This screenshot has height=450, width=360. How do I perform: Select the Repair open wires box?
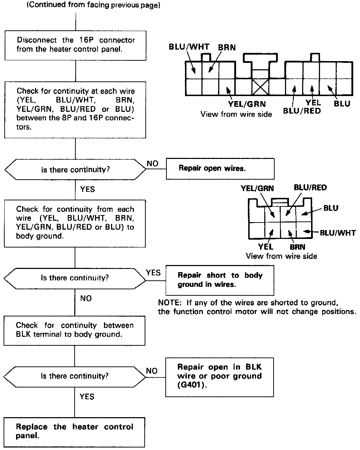(220, 169)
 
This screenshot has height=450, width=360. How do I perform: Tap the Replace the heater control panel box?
(75, 431)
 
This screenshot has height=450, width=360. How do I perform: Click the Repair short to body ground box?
(220, 280)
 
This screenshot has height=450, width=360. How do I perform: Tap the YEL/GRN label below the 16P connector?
(247, 104)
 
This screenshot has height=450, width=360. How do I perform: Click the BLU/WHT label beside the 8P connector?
(337, 233)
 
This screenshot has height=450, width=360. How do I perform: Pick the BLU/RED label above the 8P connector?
(310, 187)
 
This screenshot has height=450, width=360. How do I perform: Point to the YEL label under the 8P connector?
(266, 246)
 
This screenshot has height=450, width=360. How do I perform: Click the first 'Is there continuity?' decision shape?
(75, 169)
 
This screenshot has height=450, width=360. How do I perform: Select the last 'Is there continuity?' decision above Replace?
(75, 376)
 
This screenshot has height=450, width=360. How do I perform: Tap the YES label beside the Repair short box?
(153, 273)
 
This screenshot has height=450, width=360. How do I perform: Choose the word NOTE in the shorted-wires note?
(169, 303)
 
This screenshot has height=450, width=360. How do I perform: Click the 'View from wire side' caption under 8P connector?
(281, 256)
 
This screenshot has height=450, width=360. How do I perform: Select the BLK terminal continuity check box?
(75, 330)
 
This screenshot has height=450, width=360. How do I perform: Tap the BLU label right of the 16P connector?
(342, 104)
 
